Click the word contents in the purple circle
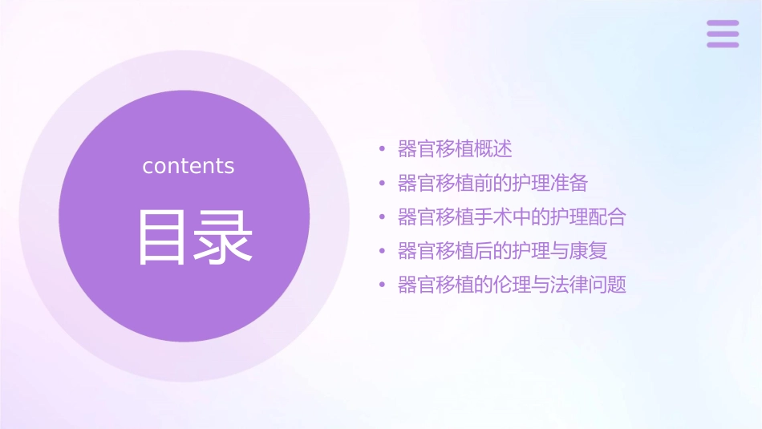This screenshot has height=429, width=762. point(188,166)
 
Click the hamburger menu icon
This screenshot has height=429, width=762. point(723,34)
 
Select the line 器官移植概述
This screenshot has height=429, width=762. point(455,149)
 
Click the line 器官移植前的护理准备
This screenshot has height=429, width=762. point(492,183)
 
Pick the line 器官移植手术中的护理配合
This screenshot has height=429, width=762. point(512,217)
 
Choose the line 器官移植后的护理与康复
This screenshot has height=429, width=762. point(502,251)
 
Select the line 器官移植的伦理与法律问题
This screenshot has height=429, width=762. point(512,285)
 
